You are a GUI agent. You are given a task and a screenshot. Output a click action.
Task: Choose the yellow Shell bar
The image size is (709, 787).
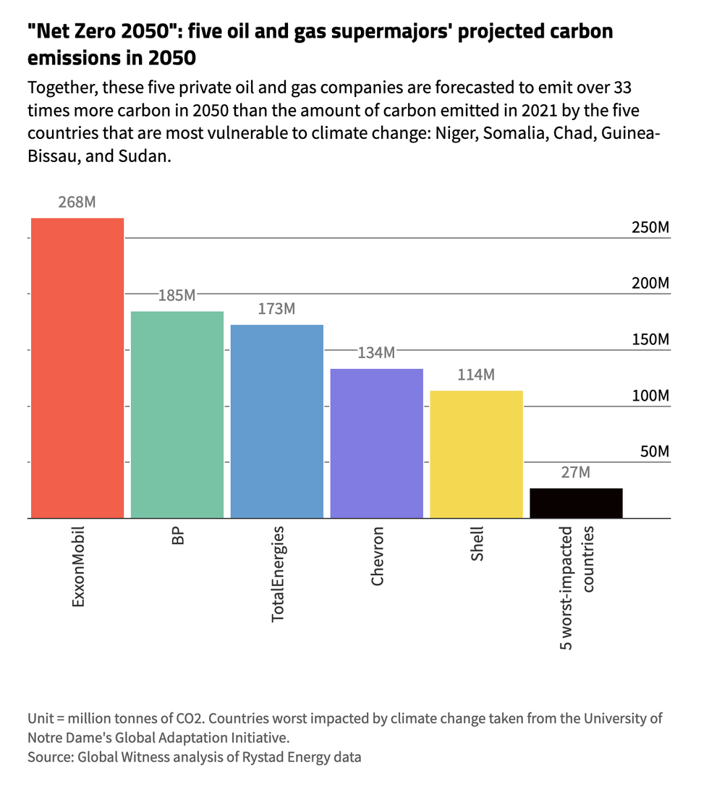[x=477, y=454]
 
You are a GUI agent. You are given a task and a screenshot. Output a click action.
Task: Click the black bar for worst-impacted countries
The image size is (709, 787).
[x=577, y=503]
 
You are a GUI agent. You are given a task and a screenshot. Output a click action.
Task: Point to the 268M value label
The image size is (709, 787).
[x=77, y=202]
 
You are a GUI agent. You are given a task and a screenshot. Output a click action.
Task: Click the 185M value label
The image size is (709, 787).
[x=177, y=295]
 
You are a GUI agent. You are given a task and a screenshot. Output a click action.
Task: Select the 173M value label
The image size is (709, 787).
[x=277, y=309]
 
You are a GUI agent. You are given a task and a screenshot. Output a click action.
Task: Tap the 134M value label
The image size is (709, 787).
[x=377, y=353]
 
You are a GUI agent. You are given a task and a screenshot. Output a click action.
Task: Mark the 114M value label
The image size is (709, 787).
[x=477, y=375]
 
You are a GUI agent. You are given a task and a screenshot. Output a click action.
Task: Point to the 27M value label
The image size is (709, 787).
[x=577, y=472]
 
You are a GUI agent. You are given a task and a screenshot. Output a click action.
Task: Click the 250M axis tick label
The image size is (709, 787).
[x=650, y=228]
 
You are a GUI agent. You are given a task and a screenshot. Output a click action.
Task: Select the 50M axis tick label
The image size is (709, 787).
[x=654, y=452]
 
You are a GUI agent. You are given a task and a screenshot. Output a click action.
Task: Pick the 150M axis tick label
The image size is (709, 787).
[x=650, y=340]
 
